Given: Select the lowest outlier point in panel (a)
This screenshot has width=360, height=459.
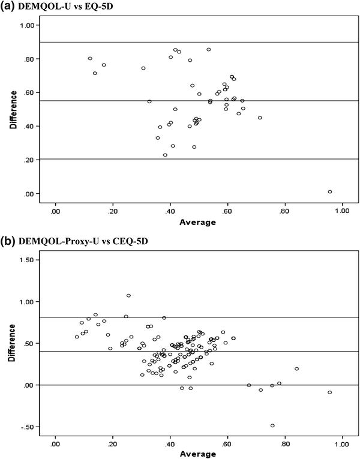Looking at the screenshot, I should (x=330, y=192).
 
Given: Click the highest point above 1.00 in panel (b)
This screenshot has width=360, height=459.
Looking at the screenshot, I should (x=128, y=295).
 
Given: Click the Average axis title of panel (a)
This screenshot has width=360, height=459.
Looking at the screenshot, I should (x=199, y=222).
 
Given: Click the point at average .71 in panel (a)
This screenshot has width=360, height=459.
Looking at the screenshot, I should (x=260, y=118).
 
